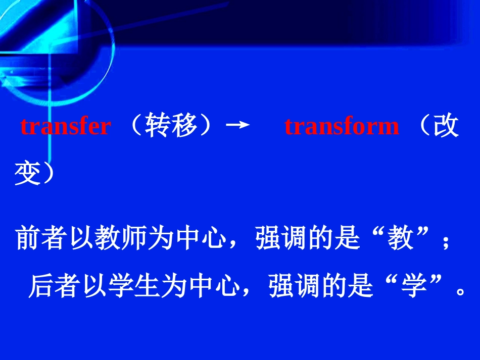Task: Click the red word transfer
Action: (x=65, y=126)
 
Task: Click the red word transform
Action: (x=342, y=126)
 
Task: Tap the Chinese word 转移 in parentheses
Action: (x=171, y=126)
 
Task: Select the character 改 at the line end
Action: (x=445, y=126)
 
